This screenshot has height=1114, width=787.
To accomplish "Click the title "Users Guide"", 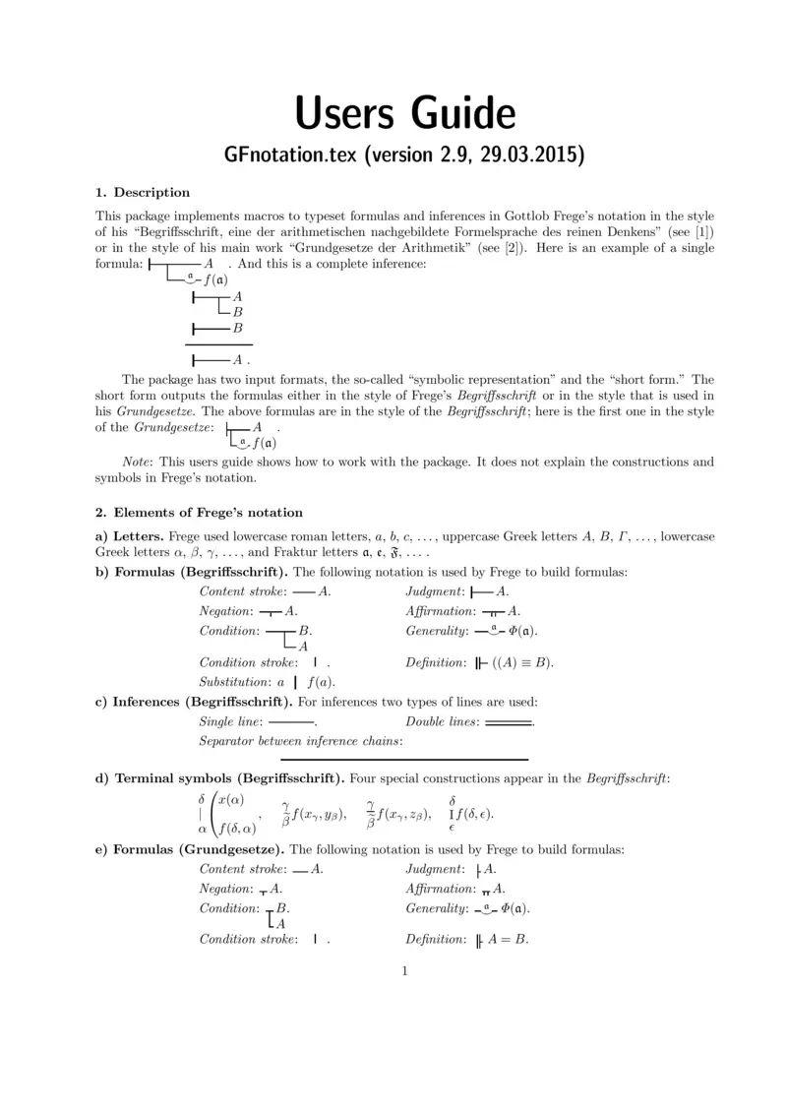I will [404, 114].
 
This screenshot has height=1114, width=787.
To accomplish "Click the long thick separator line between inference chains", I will [404, 760].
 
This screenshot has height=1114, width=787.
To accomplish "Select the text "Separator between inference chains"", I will [300, 741].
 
